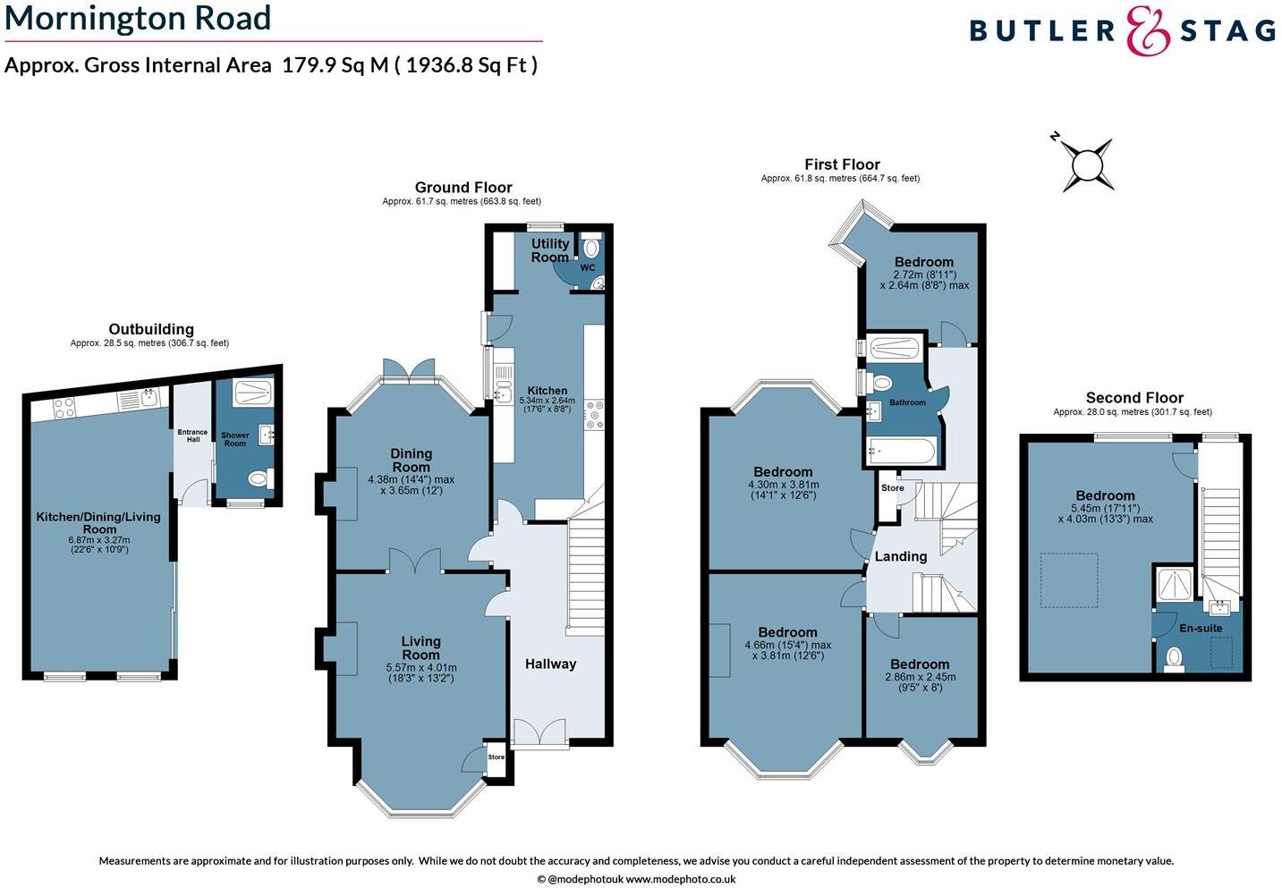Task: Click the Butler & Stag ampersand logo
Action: click(1148, 31)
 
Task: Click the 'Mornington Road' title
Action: click(138, 19)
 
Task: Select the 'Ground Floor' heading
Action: click(463, 187)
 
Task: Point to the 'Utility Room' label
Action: click(549, 250)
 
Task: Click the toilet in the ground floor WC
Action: click(591, 248)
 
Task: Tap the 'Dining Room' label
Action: click(411, 461)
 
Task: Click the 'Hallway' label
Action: click(550, 664)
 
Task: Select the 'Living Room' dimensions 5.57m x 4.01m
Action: click(421, 672)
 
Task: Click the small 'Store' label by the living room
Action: click(497, 757)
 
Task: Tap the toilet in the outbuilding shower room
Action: click(258, 480)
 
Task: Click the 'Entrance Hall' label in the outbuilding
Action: click(192, 436)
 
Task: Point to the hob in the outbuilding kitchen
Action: click(64, 409)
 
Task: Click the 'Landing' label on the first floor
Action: click(900, 556)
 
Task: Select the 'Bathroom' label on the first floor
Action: click(907, 402)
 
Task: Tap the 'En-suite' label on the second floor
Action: click(1200, 628)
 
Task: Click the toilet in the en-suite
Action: click(1176, 658)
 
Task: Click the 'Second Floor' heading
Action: click(1134, 397)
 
